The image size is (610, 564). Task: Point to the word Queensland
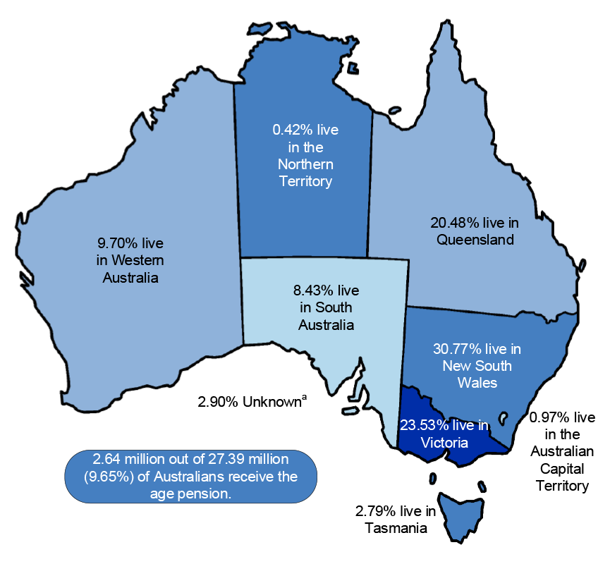pos(475,240)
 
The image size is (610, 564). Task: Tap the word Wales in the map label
pos(477,383)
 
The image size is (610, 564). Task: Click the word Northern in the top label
pos(305,164)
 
